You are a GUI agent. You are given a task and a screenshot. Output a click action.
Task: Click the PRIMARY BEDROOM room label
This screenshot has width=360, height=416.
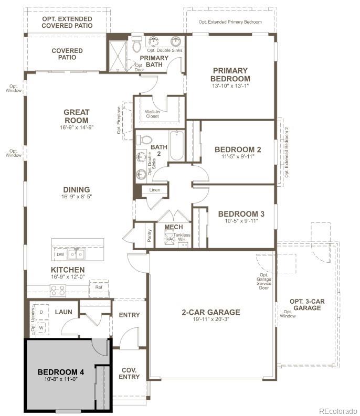tap(230, 74)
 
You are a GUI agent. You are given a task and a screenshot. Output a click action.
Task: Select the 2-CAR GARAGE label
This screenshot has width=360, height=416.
tap(211, 312)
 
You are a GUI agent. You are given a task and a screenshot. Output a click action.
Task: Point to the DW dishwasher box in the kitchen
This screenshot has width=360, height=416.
tap(60, 254)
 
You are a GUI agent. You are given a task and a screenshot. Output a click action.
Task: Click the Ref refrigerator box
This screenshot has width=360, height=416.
tap(99, 287)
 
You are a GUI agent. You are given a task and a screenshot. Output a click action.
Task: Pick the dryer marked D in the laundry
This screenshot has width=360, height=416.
tap(41, 312)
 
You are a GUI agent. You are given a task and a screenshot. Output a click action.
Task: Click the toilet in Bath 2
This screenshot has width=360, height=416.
tap(142, 141)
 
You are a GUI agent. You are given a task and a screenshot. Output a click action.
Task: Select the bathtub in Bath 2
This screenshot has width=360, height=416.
tap(176, 145)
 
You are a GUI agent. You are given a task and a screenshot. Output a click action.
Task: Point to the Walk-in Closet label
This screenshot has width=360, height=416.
tap(153, 114)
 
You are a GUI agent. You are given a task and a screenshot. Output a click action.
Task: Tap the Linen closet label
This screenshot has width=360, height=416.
tap(154, 190)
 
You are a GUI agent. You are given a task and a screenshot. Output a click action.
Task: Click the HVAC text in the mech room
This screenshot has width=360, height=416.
tap(169, 239)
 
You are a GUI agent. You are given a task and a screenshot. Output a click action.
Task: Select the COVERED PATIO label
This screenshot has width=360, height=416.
tap(67, 54)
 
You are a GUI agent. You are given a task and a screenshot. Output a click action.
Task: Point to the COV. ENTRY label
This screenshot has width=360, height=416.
tap(129, 373)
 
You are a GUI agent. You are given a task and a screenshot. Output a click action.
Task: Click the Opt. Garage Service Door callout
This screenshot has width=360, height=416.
tap(264, 281)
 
